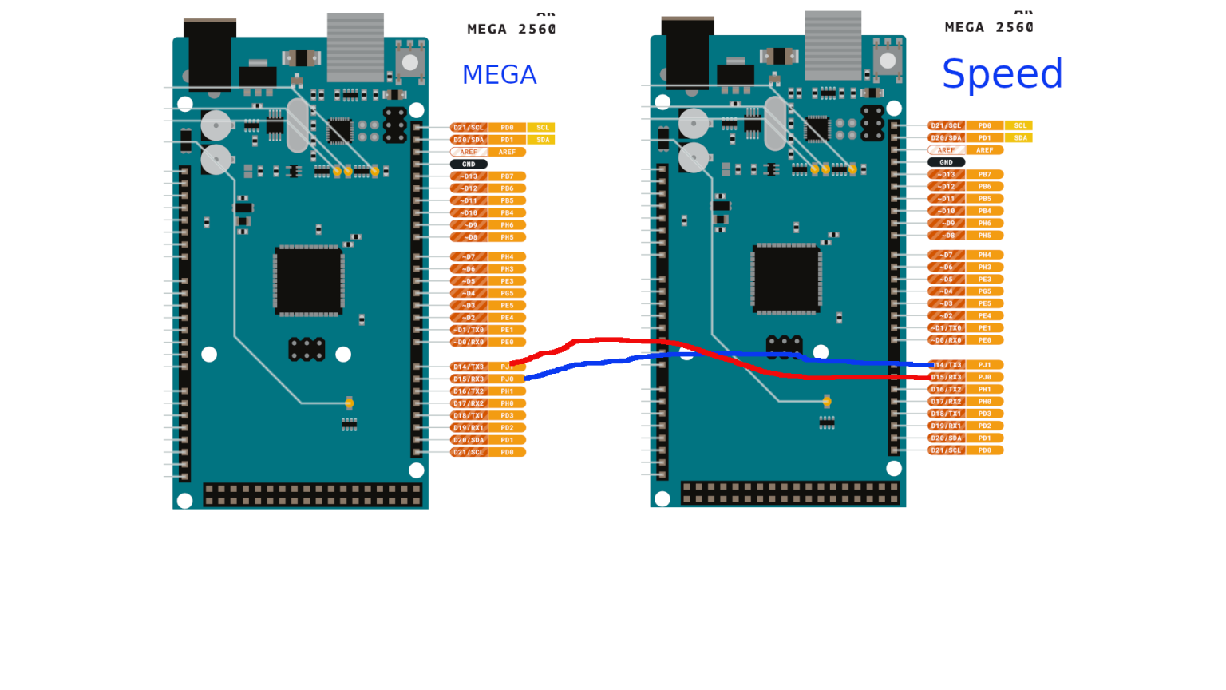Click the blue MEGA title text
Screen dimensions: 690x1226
tap(499, 75)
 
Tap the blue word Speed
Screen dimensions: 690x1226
tap(1002, 74)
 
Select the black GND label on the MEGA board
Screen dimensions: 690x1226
tap(469, 164)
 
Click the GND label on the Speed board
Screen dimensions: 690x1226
tap(946, 162)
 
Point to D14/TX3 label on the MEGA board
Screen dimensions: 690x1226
tap(469, 367)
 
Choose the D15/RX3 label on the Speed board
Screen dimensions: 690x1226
tap(947, 377)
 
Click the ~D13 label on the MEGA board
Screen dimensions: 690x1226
tap(469, 176)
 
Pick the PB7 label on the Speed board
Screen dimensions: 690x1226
tap(985, 174)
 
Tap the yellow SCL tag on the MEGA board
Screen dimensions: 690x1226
tap(543, 128)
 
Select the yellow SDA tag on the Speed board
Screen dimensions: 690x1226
tap(1020, 138)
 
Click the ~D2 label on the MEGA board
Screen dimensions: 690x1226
tap(469, 318)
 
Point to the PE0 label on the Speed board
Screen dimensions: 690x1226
tap(985, 340)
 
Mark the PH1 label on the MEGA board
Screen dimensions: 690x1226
tap(507, 391)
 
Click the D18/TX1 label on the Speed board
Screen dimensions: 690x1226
tap(947, 414)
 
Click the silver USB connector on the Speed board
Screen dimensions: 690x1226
tap(832, 45)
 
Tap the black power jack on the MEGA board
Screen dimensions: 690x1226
tap(210, 54)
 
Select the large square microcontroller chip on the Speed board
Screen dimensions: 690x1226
tap(786, 279)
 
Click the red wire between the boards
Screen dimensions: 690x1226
tap(607, 340)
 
